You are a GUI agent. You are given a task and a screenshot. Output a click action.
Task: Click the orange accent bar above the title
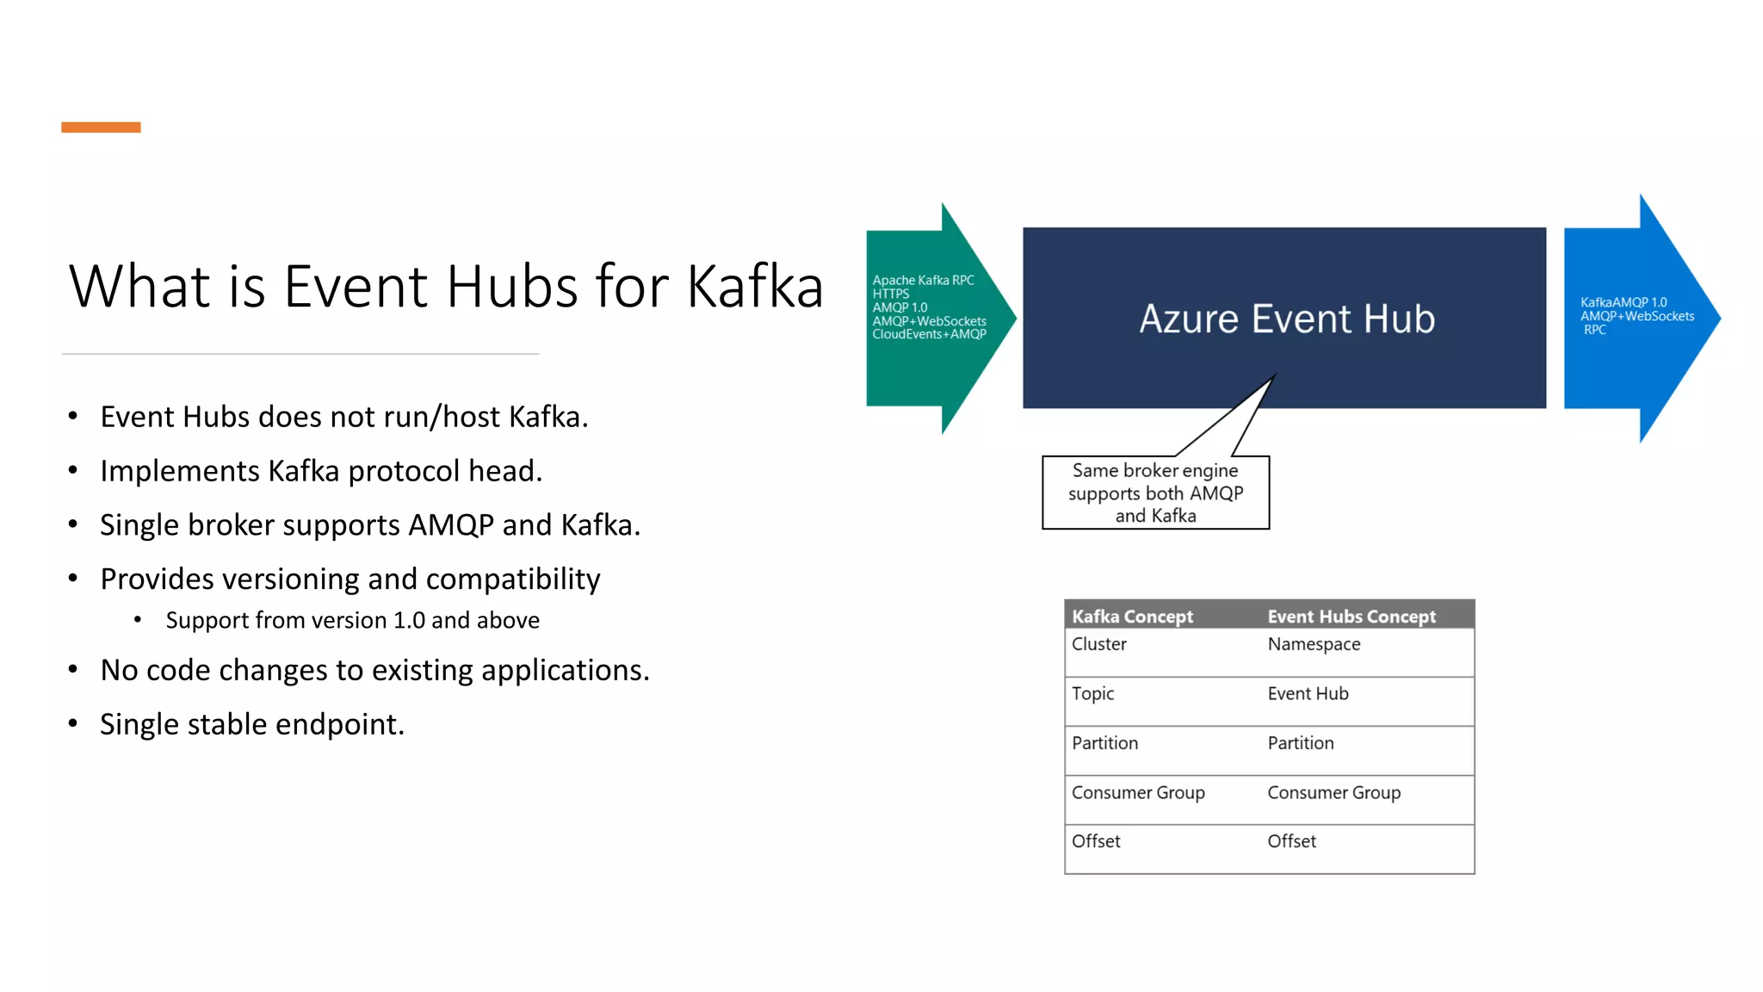[x=101, y=127]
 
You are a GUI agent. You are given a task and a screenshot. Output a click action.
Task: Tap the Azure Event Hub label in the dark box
[x=1287, y=319]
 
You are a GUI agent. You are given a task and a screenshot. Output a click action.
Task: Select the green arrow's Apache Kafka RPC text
[x=923, y=281]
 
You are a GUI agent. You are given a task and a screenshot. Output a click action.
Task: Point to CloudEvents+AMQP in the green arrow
[x=929, y=334]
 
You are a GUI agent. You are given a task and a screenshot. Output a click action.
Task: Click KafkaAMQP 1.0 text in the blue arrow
[x=1623, y=302]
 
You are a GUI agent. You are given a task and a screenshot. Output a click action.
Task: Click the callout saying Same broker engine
[x=1155, y=493]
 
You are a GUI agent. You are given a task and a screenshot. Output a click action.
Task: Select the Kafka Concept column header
[x=1132, y=617]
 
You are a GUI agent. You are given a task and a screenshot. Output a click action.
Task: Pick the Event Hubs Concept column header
[x=1352, y=617]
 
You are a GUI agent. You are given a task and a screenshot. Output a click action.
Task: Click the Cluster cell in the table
[x=1099, y=644]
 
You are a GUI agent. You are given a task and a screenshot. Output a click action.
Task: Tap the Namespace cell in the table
[x=1314, y=644]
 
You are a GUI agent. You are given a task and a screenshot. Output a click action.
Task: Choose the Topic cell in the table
[x=1092, y=693]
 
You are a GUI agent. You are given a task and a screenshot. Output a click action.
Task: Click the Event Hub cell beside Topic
[x=1308, y=693]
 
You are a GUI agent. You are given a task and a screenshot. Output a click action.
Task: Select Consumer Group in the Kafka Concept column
[x=1138, y=792]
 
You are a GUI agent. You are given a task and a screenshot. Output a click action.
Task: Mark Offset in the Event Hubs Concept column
[x=1291, y=841]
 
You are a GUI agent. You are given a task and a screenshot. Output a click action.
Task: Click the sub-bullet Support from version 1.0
[x=352, y=620]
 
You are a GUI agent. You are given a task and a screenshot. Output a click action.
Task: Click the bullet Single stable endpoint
[x=251, y=724]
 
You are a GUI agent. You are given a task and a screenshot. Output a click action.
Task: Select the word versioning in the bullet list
[x=281, y=579]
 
